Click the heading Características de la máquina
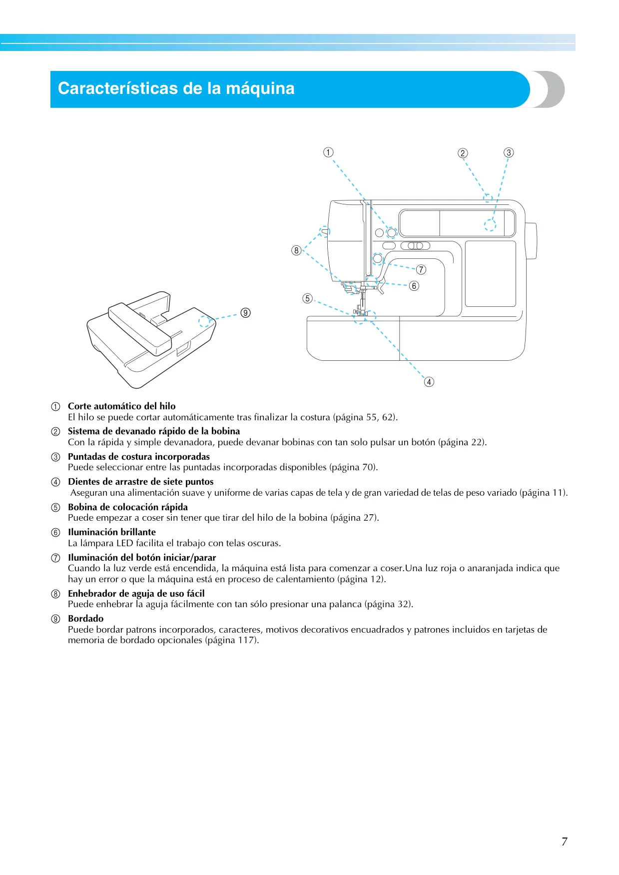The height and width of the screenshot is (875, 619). click(x=176, y=88)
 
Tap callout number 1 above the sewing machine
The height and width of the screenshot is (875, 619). click(x=328, y=152)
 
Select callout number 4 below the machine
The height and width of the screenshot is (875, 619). click(x=429, y=382)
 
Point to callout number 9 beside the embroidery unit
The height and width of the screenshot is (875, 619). click(x=245, y=313)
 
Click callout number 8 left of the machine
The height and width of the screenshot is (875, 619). click(x=296, y=250)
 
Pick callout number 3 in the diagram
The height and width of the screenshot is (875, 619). click(x=509, y=152)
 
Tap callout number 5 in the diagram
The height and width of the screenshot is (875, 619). click(x=307, y=298)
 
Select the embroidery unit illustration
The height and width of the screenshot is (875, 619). click(x=151, y=339)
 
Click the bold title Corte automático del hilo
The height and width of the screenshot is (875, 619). click(x=122, y=406)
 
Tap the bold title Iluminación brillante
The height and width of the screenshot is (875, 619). click(x=112, y=532)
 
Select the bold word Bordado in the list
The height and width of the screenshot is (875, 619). click(x=86, y=619)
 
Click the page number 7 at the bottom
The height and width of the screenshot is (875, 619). click(x=565, y=842)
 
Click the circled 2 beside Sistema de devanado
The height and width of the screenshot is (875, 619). click(x=56, y=432)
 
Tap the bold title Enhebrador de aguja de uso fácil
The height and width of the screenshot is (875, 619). click(x=136, y=594)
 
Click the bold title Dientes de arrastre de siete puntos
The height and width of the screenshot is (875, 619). click(x=141, y=482)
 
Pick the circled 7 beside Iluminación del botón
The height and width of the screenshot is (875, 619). click(x=56, y=558)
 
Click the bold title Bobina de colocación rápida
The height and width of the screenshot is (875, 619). click(x=128, y=507)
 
